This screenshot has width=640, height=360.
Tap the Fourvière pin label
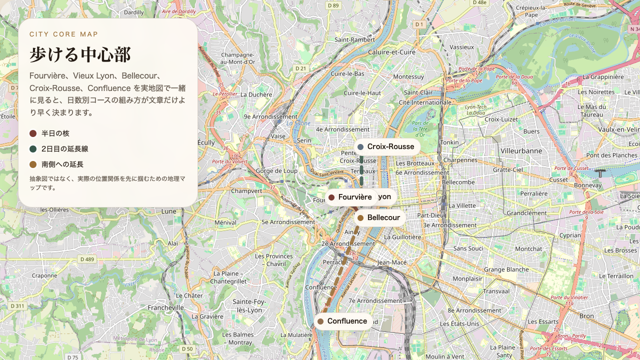point(351,197)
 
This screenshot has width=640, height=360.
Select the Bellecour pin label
point(379,217)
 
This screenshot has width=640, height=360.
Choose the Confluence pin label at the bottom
point(344,321)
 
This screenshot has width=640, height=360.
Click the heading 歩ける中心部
point(80,54)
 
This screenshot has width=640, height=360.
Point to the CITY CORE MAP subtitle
point(64,34)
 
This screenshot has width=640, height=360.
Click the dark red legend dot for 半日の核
point(33,133)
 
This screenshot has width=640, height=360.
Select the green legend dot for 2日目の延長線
point(33,149)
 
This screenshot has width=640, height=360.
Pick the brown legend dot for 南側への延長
point(33,164)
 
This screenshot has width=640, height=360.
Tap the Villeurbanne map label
point(521,150)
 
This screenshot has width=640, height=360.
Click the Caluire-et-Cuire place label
point(391,52)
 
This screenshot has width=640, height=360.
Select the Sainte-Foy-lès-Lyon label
point(249,305)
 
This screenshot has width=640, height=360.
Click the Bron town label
point(586,316)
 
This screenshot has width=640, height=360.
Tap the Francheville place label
point(166,308)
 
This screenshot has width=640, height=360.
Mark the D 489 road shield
point(87,259)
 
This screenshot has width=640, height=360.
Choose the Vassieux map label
point(461,46)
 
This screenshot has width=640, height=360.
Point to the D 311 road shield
point(17,306)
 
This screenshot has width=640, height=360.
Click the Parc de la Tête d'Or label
point(420,128)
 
